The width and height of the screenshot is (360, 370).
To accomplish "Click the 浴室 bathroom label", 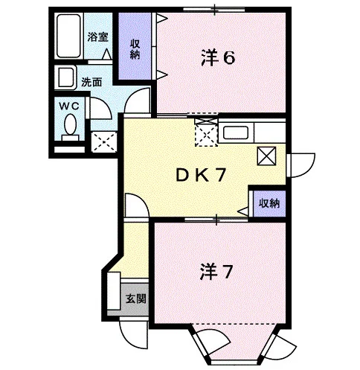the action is click(97, 37).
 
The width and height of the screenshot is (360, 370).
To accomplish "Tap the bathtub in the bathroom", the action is click(68, 36).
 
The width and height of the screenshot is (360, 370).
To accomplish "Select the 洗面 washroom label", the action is click(91, 82).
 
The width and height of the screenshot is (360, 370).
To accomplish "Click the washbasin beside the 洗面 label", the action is click(65, 77).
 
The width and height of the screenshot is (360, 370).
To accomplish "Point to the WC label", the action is click(69, 106).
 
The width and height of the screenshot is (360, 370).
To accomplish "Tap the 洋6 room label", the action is click(218, 58).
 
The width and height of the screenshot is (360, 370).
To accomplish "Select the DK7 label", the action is click(201, 175).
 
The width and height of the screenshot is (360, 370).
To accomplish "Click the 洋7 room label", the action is click(216, 272).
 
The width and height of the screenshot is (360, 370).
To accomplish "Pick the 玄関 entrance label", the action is click(135, 299).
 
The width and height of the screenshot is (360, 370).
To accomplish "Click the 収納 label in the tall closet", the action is click(135, 50).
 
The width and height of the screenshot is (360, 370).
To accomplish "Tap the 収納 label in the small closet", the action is click(269, 203).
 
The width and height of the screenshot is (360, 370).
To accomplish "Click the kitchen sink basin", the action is click(236, 133).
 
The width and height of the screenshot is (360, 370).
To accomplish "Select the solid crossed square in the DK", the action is click(266, 156).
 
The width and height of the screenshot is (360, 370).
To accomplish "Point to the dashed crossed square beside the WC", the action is click(104, 141).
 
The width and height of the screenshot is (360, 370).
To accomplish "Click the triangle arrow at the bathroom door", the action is click(107, 54).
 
